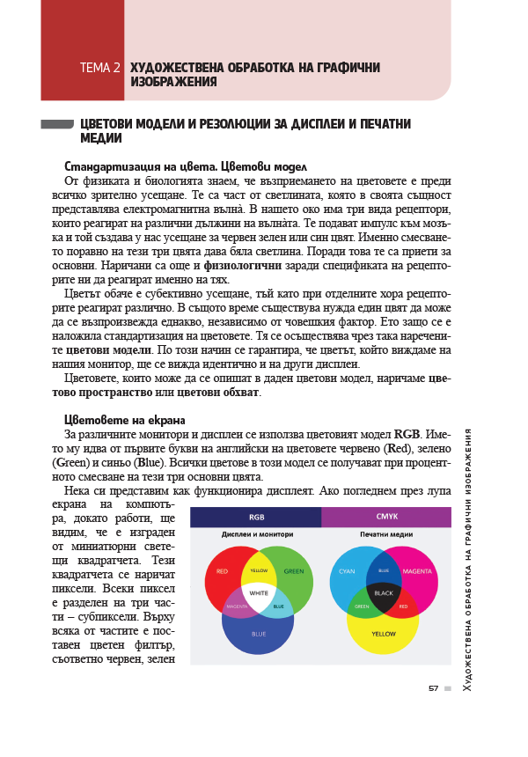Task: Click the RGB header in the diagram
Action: coord(256,517)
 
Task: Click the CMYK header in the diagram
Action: coord(386,517)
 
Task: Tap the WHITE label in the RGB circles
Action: coord(259,593)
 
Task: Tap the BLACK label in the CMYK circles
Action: coord(384,593)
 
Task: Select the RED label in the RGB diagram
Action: coord(222,571)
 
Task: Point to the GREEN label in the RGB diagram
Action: coord(294,571)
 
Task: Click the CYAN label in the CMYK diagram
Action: coord(348,571)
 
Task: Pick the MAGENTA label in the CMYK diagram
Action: coord(417,571)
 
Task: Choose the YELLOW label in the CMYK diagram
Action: coord(384,634)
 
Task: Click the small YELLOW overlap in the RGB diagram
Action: coord(259,570)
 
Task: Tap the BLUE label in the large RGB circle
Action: coord(259,634)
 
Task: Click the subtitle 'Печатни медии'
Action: coord(385,534)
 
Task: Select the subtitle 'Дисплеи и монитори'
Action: coord(257,534)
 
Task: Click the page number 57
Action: coord(433,688)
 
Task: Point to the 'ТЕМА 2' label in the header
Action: coord(99,68)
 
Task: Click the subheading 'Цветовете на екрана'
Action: coord(124,420)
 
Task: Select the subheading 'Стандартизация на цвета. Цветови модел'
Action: coord(185,166)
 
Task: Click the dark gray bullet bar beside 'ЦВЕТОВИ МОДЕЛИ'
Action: coord(56,125)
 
